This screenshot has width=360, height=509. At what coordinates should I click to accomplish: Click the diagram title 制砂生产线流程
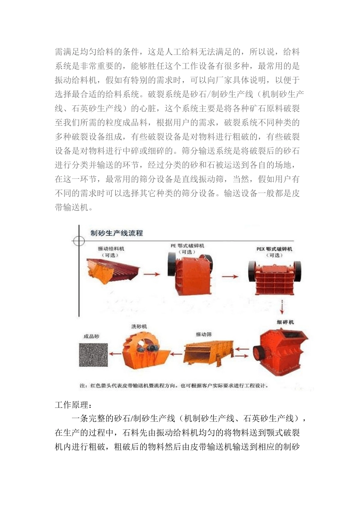[117, 233]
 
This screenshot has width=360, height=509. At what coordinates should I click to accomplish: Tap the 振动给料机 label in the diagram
[111, 249]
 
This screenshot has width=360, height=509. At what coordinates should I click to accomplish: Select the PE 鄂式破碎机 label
[188, 246]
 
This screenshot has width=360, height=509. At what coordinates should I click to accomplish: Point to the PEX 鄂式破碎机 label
[274, 249]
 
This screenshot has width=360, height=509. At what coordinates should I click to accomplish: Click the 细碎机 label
[285, 322]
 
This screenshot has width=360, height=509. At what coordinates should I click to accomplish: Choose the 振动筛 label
[204, 334]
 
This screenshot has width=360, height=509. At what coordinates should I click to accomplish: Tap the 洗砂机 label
[139, 326]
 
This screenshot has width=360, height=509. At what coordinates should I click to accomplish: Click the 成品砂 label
[91, 336]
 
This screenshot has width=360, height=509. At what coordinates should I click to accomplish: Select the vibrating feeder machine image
[113, 270]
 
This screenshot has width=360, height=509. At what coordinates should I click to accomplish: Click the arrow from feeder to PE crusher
[152, 274]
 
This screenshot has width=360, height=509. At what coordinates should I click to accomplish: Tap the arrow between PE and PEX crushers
[230, 276]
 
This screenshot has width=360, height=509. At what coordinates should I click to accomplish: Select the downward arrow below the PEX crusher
[282, 306]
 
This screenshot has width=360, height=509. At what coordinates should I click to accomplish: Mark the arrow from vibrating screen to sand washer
[176, 354]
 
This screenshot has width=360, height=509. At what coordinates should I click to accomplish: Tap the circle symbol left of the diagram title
[79, 241]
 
